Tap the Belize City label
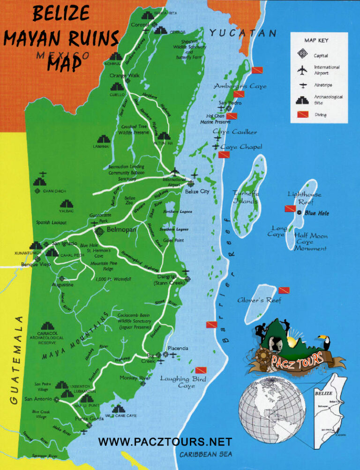(197, 191)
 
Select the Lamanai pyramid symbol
(104, 139)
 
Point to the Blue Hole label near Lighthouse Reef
(317, 213)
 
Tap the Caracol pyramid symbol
(47, 326)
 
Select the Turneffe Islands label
(246, 197)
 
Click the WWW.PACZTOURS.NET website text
(165, 442)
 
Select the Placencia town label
(178, 348)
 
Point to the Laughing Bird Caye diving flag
(201, 370)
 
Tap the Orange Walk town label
(125, 75)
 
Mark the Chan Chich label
(54, 191)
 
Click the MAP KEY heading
(316, 40)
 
